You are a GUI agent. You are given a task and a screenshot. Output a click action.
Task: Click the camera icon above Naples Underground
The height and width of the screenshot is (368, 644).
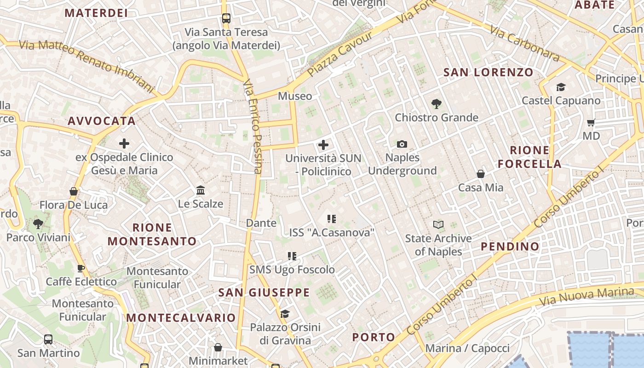tap(402, 144)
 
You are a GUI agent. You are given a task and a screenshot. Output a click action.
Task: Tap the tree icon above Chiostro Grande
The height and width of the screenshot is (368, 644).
tap(437, 104)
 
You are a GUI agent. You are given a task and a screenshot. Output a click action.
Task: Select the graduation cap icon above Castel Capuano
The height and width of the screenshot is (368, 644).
tap(561, 87)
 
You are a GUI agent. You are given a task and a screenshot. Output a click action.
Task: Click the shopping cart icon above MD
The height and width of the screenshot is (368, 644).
tap(591, 122)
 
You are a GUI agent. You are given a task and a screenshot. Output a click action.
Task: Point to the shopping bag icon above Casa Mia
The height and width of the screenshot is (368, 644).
tap(481, 174)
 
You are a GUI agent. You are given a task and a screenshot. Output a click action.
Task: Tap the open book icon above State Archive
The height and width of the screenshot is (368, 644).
tap(438, 225)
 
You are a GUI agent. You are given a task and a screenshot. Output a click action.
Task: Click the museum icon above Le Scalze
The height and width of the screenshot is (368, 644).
tap(201, 190)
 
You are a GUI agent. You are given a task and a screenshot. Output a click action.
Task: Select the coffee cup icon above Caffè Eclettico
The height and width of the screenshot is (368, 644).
tap(81, 268)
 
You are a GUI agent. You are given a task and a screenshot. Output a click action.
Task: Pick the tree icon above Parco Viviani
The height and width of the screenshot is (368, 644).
tap(38, 224)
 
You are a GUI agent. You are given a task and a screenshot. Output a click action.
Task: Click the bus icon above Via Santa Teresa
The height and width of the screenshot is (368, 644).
tap(226, 18)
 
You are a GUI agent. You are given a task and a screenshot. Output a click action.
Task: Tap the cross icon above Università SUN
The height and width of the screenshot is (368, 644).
tap(323, 145)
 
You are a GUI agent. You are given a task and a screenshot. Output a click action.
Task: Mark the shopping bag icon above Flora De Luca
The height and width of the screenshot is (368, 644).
tap(74, 191)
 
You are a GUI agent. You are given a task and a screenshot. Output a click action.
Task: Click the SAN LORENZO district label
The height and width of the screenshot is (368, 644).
tap(488, 72)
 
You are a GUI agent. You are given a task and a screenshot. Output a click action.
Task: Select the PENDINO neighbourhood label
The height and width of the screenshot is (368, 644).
tap(510, 247)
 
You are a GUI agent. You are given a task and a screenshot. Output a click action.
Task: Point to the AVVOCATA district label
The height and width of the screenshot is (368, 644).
tap(102, 121)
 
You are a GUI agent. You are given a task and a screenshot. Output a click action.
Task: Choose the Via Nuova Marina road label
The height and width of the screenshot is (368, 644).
tap(586, 297)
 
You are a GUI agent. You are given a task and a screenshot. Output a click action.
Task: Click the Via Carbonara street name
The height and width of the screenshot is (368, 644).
tap(524, 43)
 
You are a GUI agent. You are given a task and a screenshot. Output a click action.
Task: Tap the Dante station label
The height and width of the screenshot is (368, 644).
tap(261, 223)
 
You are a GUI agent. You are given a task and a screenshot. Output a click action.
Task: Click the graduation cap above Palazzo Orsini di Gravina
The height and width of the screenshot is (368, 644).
tap(285, 314)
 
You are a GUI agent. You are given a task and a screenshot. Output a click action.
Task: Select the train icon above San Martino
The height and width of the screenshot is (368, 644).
tap(48, 340)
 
